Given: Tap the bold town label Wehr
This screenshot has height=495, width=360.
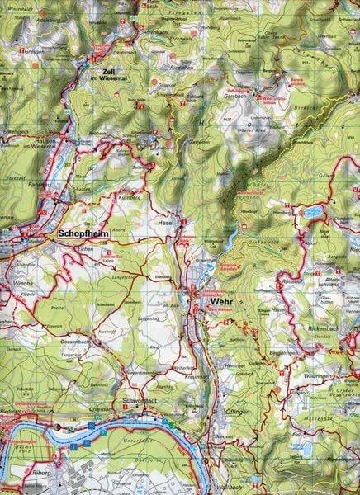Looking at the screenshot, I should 221,303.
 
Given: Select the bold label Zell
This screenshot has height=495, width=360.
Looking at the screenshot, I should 108,71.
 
